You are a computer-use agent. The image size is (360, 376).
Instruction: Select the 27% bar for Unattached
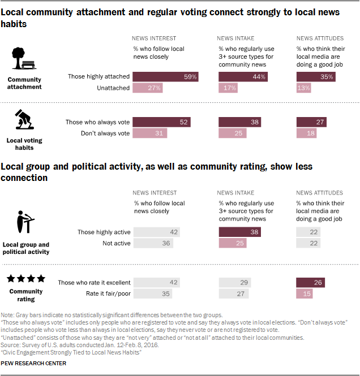coord(147,88)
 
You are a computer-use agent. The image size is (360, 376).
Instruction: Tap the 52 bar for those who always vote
coord(161,122)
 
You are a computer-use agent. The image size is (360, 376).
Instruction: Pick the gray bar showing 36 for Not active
coord(152,243)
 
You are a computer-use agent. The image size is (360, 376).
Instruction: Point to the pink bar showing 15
coord(305,294)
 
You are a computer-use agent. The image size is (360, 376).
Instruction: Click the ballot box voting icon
coord(24,120)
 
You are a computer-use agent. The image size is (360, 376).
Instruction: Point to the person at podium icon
coord(24,222)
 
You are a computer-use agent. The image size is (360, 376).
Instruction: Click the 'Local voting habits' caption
coord(24,144)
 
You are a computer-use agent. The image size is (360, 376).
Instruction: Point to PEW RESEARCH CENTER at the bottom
coord(34,363)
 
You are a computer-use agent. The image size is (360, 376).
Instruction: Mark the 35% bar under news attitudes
coord(316,76)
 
